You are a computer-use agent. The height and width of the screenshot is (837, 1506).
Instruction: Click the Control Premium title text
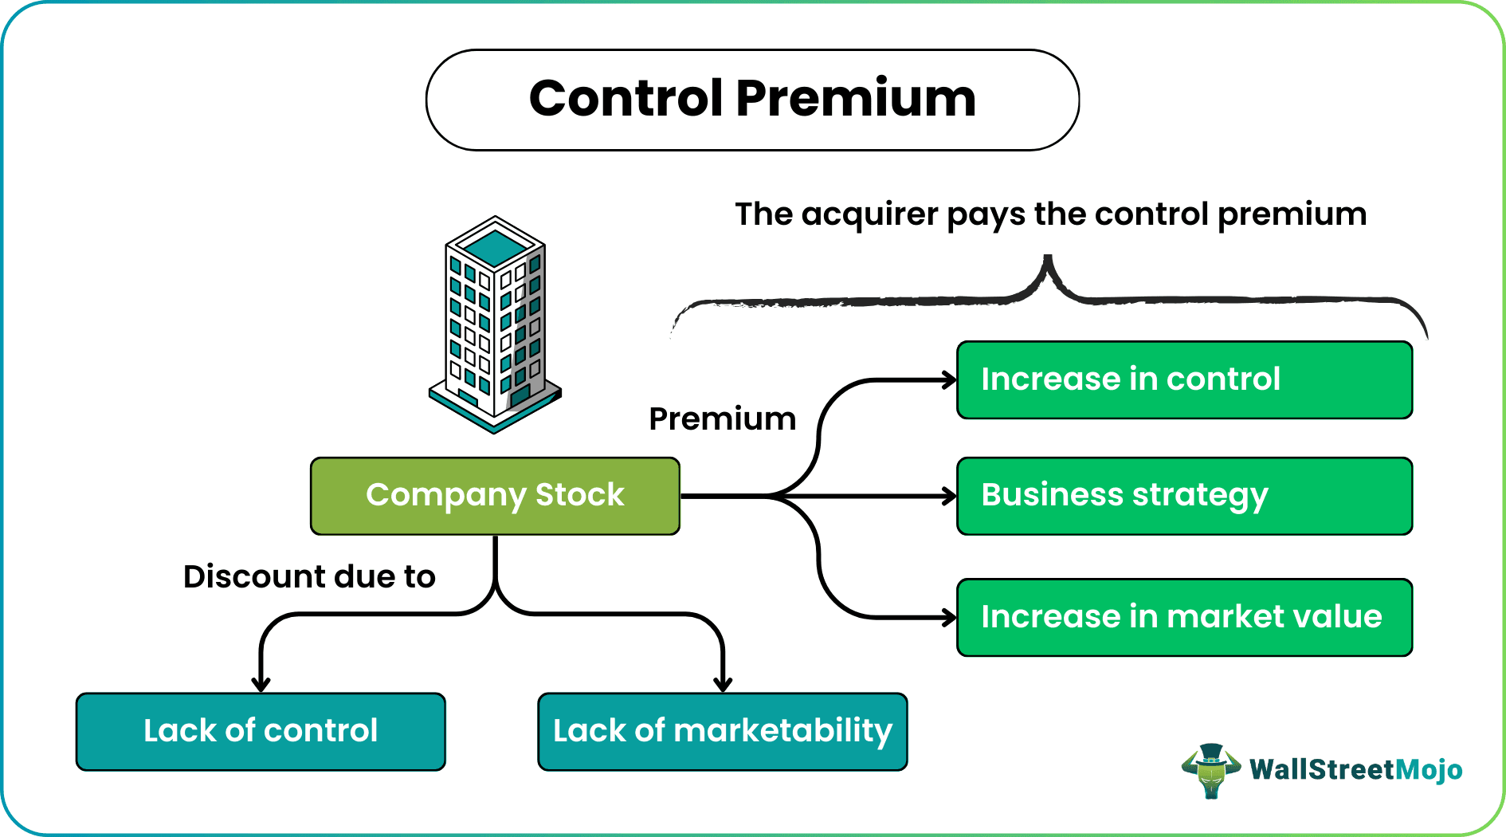coord(752,99)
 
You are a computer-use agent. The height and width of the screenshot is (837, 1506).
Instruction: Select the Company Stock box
coord(495,495)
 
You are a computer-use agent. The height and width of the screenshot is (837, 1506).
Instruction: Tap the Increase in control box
coord(1184,379)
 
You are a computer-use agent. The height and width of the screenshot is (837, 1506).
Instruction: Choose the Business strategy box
coord(1184,495)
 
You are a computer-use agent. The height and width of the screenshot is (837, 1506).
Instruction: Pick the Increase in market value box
coord(1184,617)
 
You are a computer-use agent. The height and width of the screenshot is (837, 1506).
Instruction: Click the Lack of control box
coord(261,731)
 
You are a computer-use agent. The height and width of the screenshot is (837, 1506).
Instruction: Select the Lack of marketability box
coord(722,731)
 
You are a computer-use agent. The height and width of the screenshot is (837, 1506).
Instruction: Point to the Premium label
coord(722,419)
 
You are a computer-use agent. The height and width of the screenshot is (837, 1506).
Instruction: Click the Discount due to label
coord(309,576)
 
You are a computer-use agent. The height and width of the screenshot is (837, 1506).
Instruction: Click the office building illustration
coord(495,327)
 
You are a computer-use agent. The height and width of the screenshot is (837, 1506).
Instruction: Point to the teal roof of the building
coord(496,246)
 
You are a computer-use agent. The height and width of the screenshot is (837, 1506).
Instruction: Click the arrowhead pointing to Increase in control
coord(949,380)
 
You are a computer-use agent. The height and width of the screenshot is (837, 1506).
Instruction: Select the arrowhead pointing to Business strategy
coord(949,497)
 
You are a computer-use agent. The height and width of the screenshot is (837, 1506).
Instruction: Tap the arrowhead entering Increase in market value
coord(949,617)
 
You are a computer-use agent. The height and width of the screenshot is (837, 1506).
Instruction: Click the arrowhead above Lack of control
coord(261,684)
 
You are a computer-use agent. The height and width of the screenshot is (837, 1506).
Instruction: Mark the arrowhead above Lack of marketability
coord(723,684)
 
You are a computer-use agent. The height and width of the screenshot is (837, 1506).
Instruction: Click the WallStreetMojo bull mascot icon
coord(1210,770)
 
